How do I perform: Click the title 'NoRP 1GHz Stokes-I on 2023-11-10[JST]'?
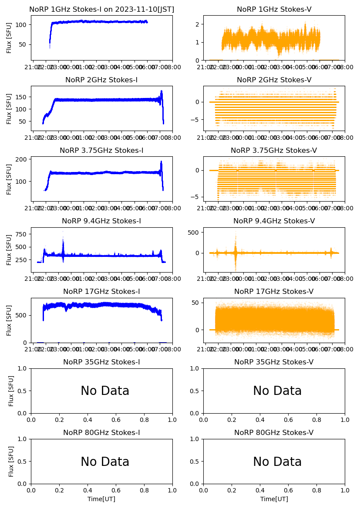[101, 9]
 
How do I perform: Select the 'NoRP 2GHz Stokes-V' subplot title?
[274, 80]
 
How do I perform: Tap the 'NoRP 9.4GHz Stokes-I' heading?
[101, 221]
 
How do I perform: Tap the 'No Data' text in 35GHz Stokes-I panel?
[105, 391]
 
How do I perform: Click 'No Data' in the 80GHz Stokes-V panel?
[277, 462]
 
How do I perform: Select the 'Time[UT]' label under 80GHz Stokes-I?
[101, 499]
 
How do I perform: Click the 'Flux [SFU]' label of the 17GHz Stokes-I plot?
[9, 320]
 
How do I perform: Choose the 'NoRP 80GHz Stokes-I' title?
[101, 432]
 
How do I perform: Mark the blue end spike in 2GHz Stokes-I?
[161, 94]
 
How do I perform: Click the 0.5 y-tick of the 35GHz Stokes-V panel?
[194, 391]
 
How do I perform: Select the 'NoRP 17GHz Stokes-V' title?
[274, 291]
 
